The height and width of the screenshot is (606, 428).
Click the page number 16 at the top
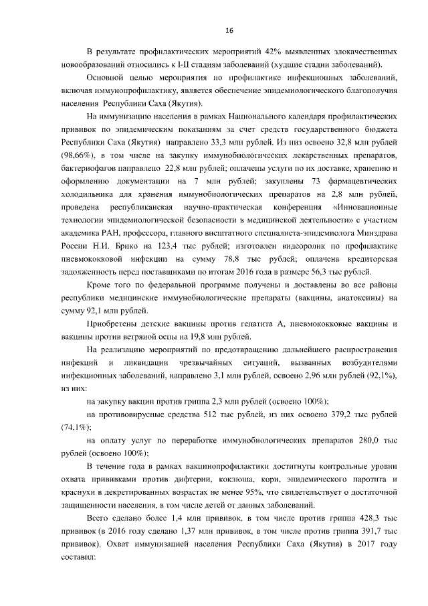pyautogui.click(x=229, y=31)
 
